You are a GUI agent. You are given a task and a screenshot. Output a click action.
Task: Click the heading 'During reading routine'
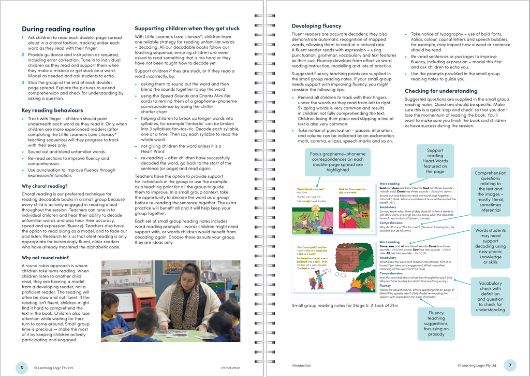[x=58, y=29]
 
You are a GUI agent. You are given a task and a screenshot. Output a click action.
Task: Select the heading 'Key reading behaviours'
[x=52, y=110]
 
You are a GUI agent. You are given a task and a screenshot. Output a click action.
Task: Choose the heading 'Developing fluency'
[x=316, y=26]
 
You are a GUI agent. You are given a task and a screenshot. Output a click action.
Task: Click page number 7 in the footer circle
[x=510, y=366]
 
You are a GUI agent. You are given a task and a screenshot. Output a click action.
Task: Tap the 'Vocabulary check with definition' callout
[x=490, y=296]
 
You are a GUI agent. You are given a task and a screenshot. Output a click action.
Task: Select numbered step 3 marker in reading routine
[x=22, y=82]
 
